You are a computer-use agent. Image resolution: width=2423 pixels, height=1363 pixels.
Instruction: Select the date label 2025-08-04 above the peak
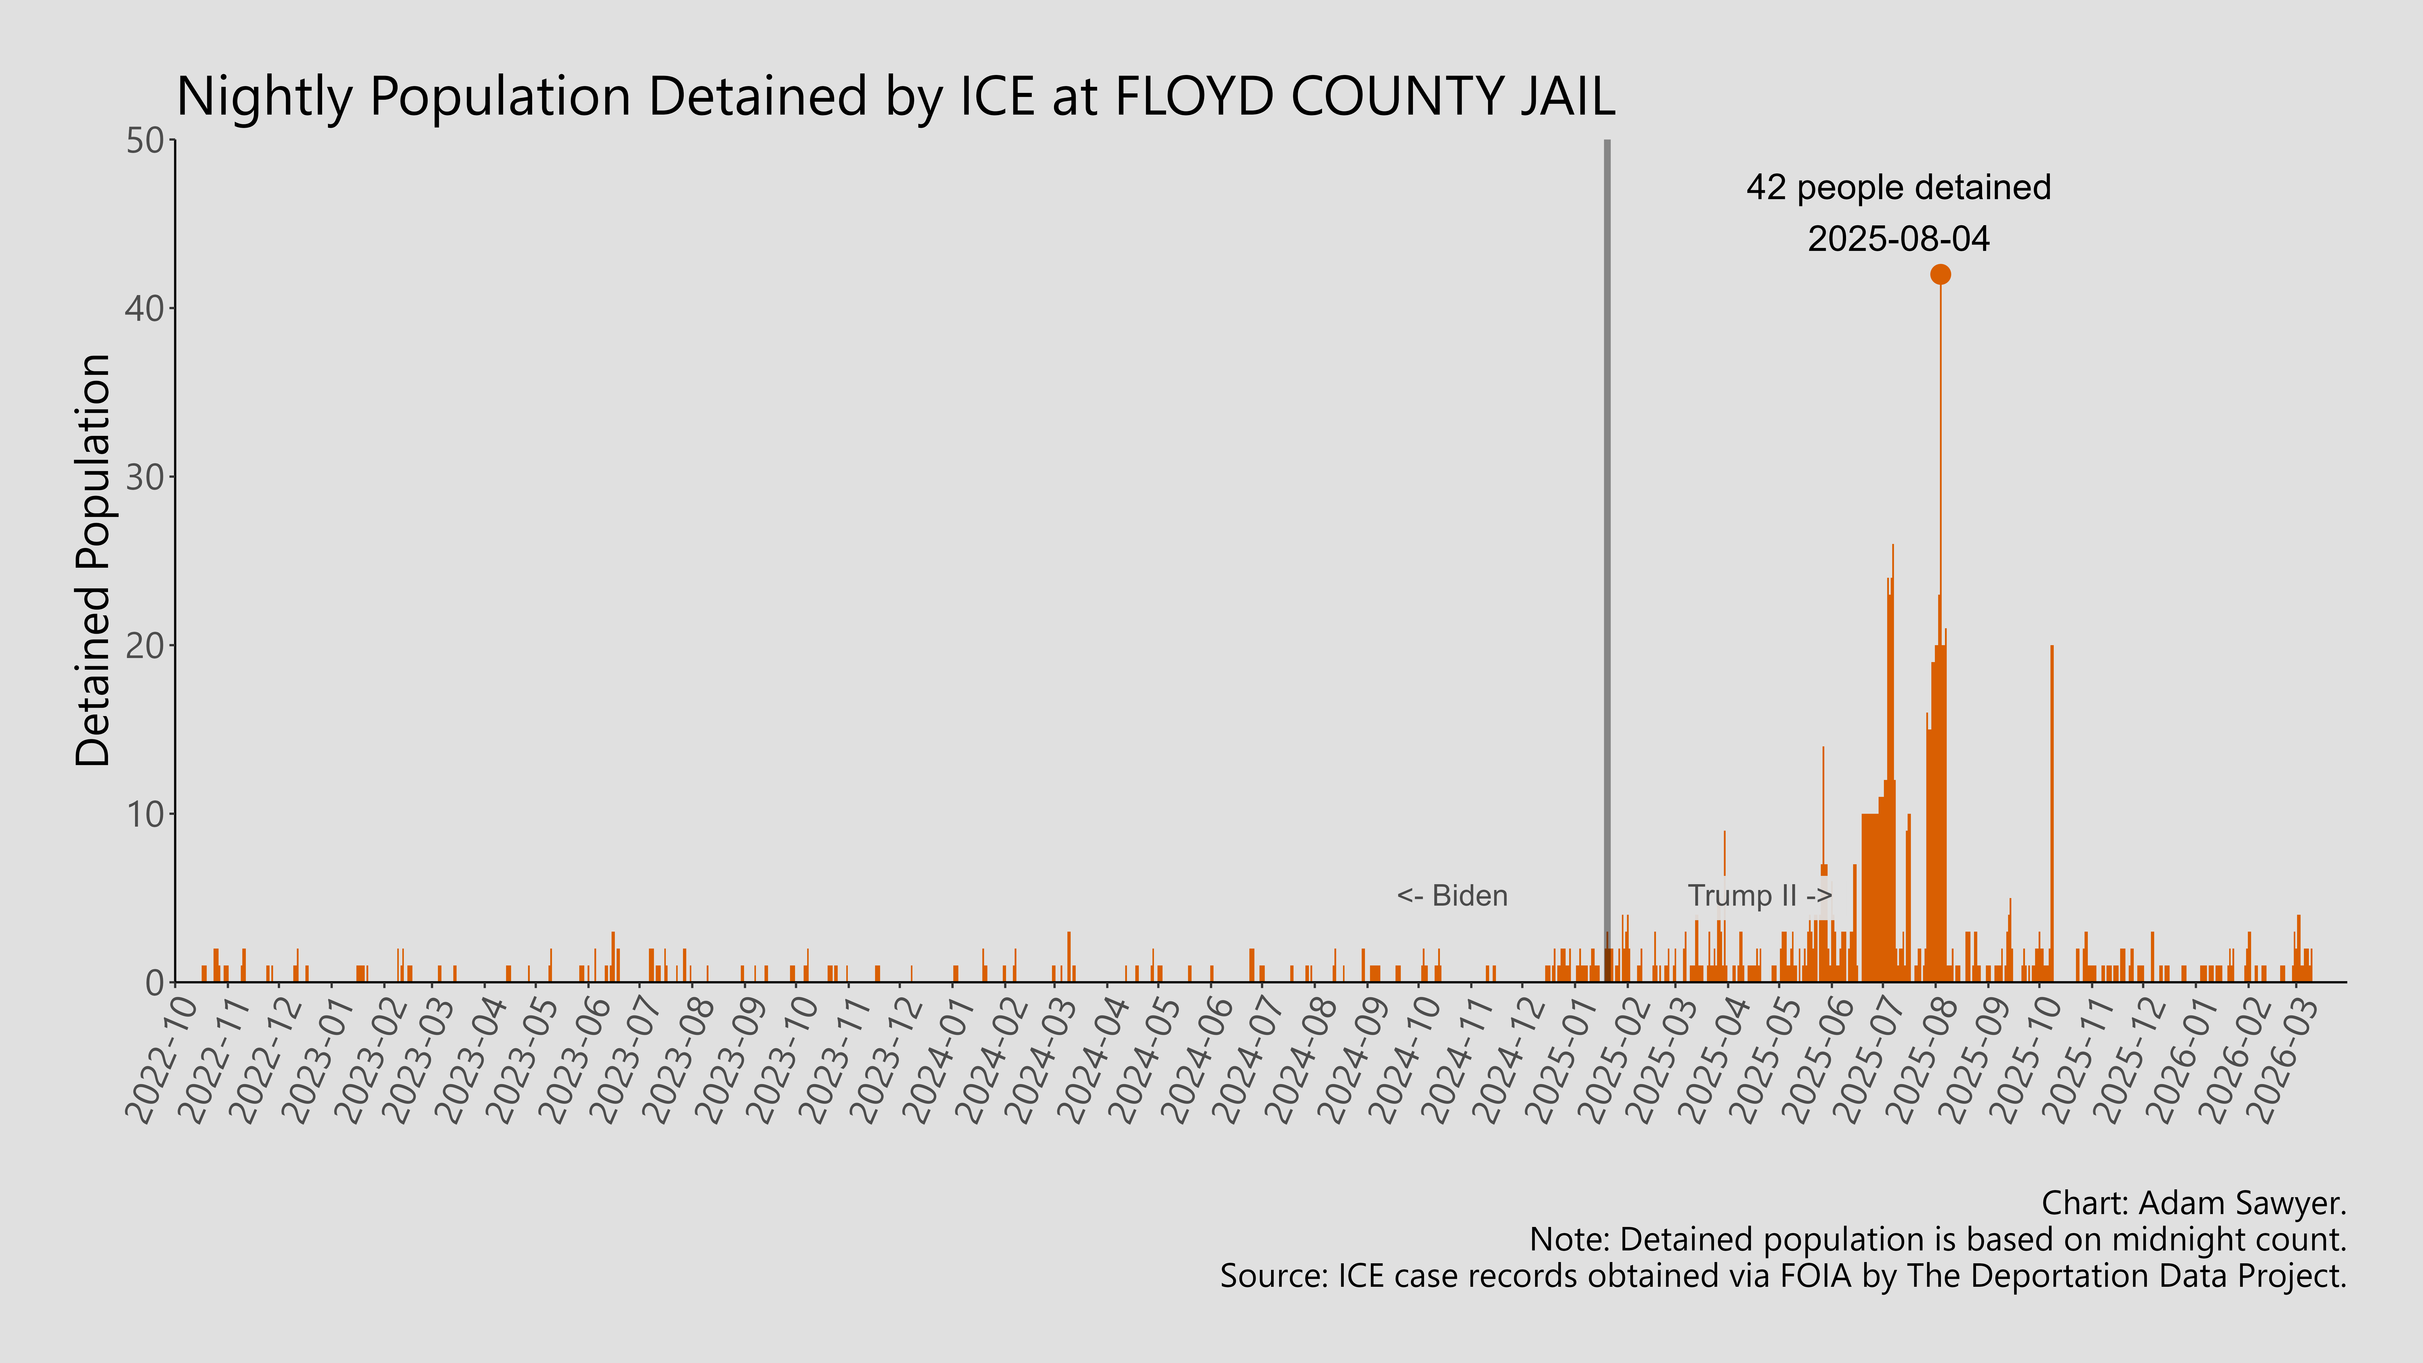[1898, 239]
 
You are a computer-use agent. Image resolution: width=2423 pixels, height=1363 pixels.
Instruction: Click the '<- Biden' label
[1451, 896]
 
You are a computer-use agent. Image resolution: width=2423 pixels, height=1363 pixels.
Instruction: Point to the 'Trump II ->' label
[1759, 896]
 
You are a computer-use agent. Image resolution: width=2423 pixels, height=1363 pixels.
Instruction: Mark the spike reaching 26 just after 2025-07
[1892, 752]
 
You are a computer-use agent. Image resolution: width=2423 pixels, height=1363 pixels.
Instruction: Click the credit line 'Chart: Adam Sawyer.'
[2194, 1203]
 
